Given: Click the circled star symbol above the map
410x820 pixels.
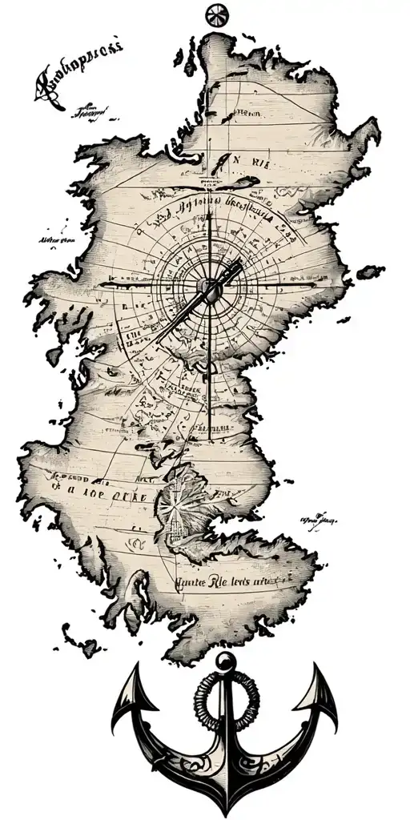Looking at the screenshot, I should pos(216,15).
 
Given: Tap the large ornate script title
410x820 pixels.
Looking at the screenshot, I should pos(76,78).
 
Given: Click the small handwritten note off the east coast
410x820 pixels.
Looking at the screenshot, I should pos(319,519).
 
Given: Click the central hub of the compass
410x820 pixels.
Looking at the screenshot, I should pos(210,286).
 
